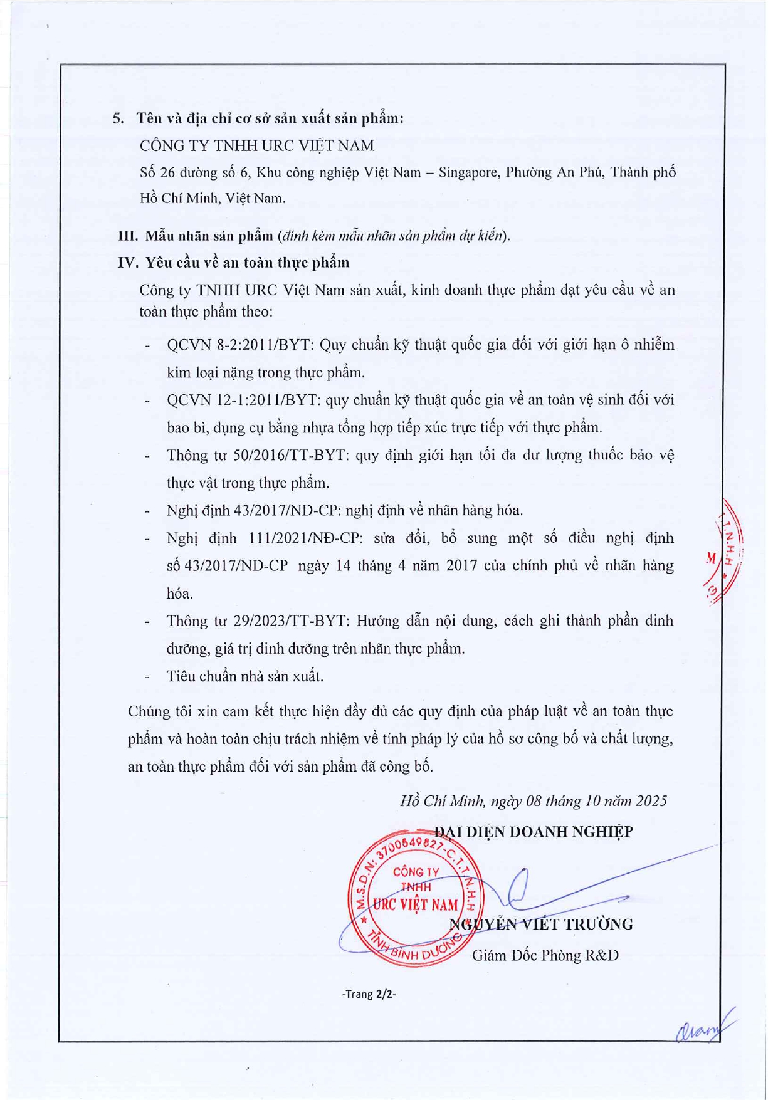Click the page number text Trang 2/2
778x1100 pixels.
pyautogui.click(x=369, y=994)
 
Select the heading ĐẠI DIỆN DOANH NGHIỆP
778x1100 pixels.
pyautogui.click(x=534, y=832)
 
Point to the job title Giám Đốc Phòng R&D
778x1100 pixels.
pyautogui.click(x=545, y=955)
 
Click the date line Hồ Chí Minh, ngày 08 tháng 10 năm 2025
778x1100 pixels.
pyautogui.click(x=534, y=800)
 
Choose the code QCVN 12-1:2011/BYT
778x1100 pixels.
pyautogui.click(x=244, y=400)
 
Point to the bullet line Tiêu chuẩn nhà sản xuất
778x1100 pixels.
pyautogui.click(x=245, y=676)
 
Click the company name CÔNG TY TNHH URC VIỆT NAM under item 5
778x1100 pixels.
pyautogui.click(x=257, y=145)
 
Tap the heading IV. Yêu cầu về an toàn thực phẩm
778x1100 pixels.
pyautogui.click(x=234, y=263)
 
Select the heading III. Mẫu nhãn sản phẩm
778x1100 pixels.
pyautogui.click(x=196, y=236)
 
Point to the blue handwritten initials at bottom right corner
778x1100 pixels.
pyautogui.click(x=703, y=1028)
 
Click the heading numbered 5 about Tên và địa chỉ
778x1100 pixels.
pyautogui.click(x=258, y=118)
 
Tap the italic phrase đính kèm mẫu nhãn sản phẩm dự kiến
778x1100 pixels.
pyautogui.click(x=393, y=236)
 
